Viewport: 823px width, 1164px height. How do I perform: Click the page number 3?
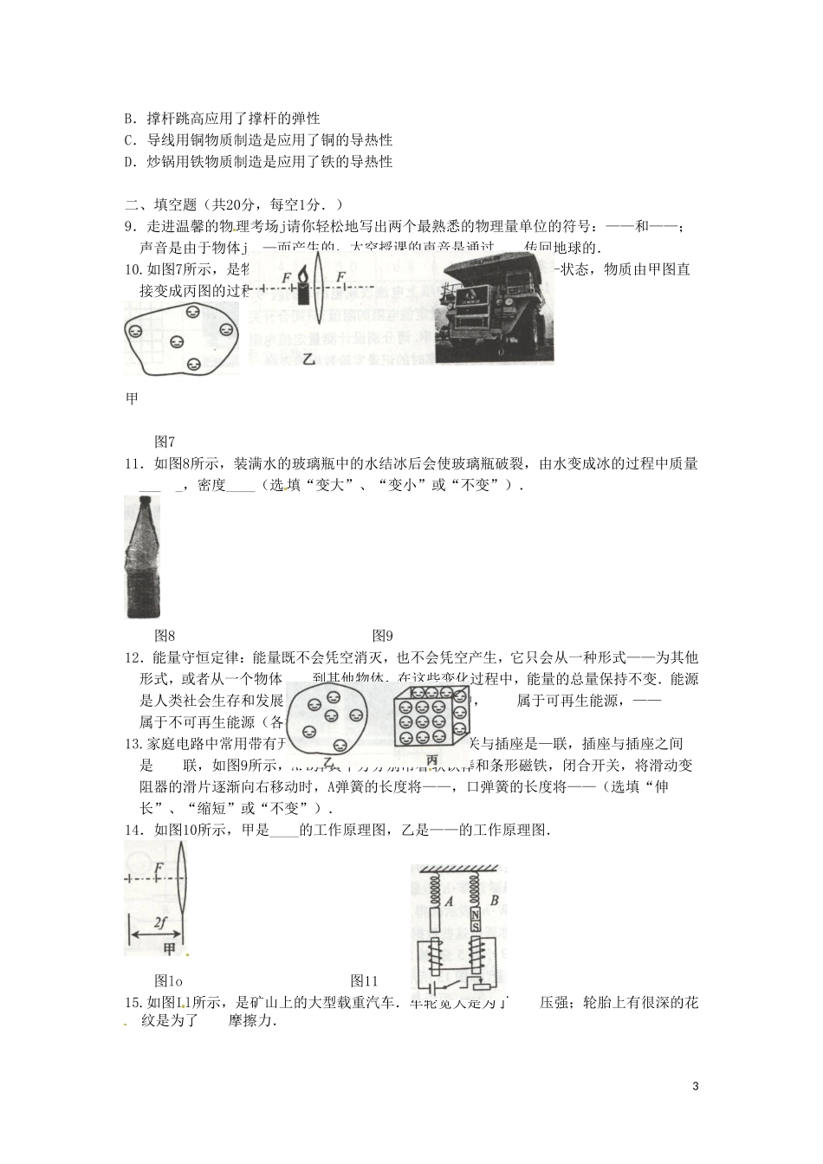coord(697,1086)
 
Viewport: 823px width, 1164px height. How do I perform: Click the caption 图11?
coord(364,981)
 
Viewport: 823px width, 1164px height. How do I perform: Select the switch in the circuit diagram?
coord(445,984)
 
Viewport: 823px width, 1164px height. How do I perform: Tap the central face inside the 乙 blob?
coord(331,716)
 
